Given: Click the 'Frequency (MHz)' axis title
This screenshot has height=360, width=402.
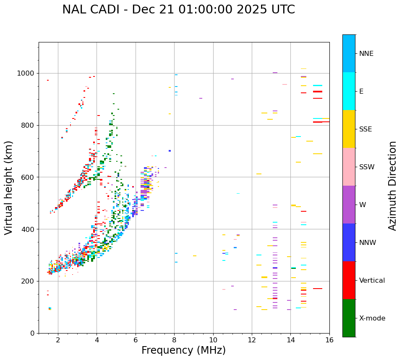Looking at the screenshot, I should pyautogui.click(x=183, y=350).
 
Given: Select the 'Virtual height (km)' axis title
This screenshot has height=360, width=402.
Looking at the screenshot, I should pyautogui.click(x=9, y=188).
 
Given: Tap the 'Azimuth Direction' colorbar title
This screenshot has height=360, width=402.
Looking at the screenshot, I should pyautogui.click(x=392, y=186).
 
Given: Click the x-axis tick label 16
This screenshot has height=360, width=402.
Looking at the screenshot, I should pyautogui.click(x=329, y=339).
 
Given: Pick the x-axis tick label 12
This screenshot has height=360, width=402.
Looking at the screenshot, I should pyautogui.click(x=252, y=339).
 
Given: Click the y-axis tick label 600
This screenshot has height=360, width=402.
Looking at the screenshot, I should pyautogui.click(x=29, y=177).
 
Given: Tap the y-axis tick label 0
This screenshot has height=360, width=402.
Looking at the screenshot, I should pyautogui.click(x=33, y=333).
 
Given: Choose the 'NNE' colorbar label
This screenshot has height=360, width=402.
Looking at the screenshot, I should pyautogui.click(x=366, y=54).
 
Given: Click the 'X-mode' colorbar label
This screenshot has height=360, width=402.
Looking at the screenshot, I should pyautogui.click(x=372, y=318).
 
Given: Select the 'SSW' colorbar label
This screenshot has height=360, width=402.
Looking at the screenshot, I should pyautogui.click(x=367, y=167).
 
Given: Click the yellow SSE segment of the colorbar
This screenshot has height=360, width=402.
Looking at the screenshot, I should pyautogui.click(x=349, y=129).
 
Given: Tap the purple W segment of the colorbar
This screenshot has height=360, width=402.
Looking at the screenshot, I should pyautogui.click(x=349, y=205).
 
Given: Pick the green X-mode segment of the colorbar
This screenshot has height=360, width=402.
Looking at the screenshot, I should pyautogui.click(x=349, y=318).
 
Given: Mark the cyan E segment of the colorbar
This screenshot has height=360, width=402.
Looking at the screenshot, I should pyautogui.click(x=349, y=91).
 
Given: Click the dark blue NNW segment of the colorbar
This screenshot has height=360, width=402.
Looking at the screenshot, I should pyautogui.click(x=349, y=242).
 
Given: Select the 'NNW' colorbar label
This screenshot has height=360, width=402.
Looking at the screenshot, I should pyautogui.click(x=368, y=243).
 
